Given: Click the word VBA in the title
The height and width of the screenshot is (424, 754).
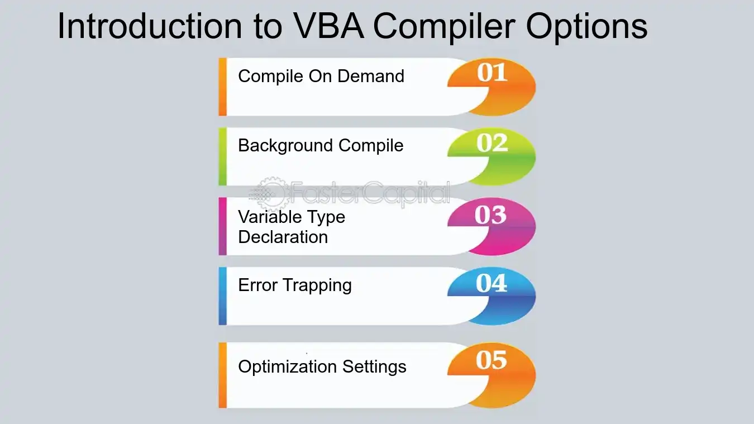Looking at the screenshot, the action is pyautogui.click(x=328, y=26).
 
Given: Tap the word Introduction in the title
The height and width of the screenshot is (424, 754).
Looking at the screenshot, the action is pyautogui.click(x=150, y=26).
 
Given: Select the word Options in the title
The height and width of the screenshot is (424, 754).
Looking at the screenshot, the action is pyautogui.click(x=586, y=27).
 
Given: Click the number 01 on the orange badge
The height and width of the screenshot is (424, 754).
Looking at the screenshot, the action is pyautogui.click(x=492, y=73).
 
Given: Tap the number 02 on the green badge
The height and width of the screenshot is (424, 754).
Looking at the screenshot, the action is pyautogui.click(x=492, y=143).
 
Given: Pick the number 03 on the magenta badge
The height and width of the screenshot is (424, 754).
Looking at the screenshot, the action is pyautogui.click(x=490, y=215).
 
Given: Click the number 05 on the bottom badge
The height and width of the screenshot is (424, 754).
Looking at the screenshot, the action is pyautogui.click(x=491, y=360).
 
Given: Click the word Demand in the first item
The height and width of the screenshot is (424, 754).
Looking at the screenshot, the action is pyautogui.click(x=371, y=76).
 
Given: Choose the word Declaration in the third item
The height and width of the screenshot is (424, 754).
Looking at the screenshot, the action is pyautogui.click(x=283, y=237).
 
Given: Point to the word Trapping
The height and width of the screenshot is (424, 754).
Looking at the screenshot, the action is pyautogui.click(x=317, y=286).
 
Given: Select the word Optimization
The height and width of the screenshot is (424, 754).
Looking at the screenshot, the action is pyautogui.click(x=288, y=367).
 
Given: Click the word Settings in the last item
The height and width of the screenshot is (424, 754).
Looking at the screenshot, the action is pyautogui.click(x=374, y=367).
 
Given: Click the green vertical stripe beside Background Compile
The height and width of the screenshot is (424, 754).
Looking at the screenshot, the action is pyautogui.click(x=222, y=156).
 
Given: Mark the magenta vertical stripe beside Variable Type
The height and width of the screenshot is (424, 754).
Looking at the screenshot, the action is pyautogui.click(x=222, y=226).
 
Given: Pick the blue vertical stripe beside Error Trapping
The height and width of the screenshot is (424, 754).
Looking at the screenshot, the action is pyautogui.click(x=222, y=296).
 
